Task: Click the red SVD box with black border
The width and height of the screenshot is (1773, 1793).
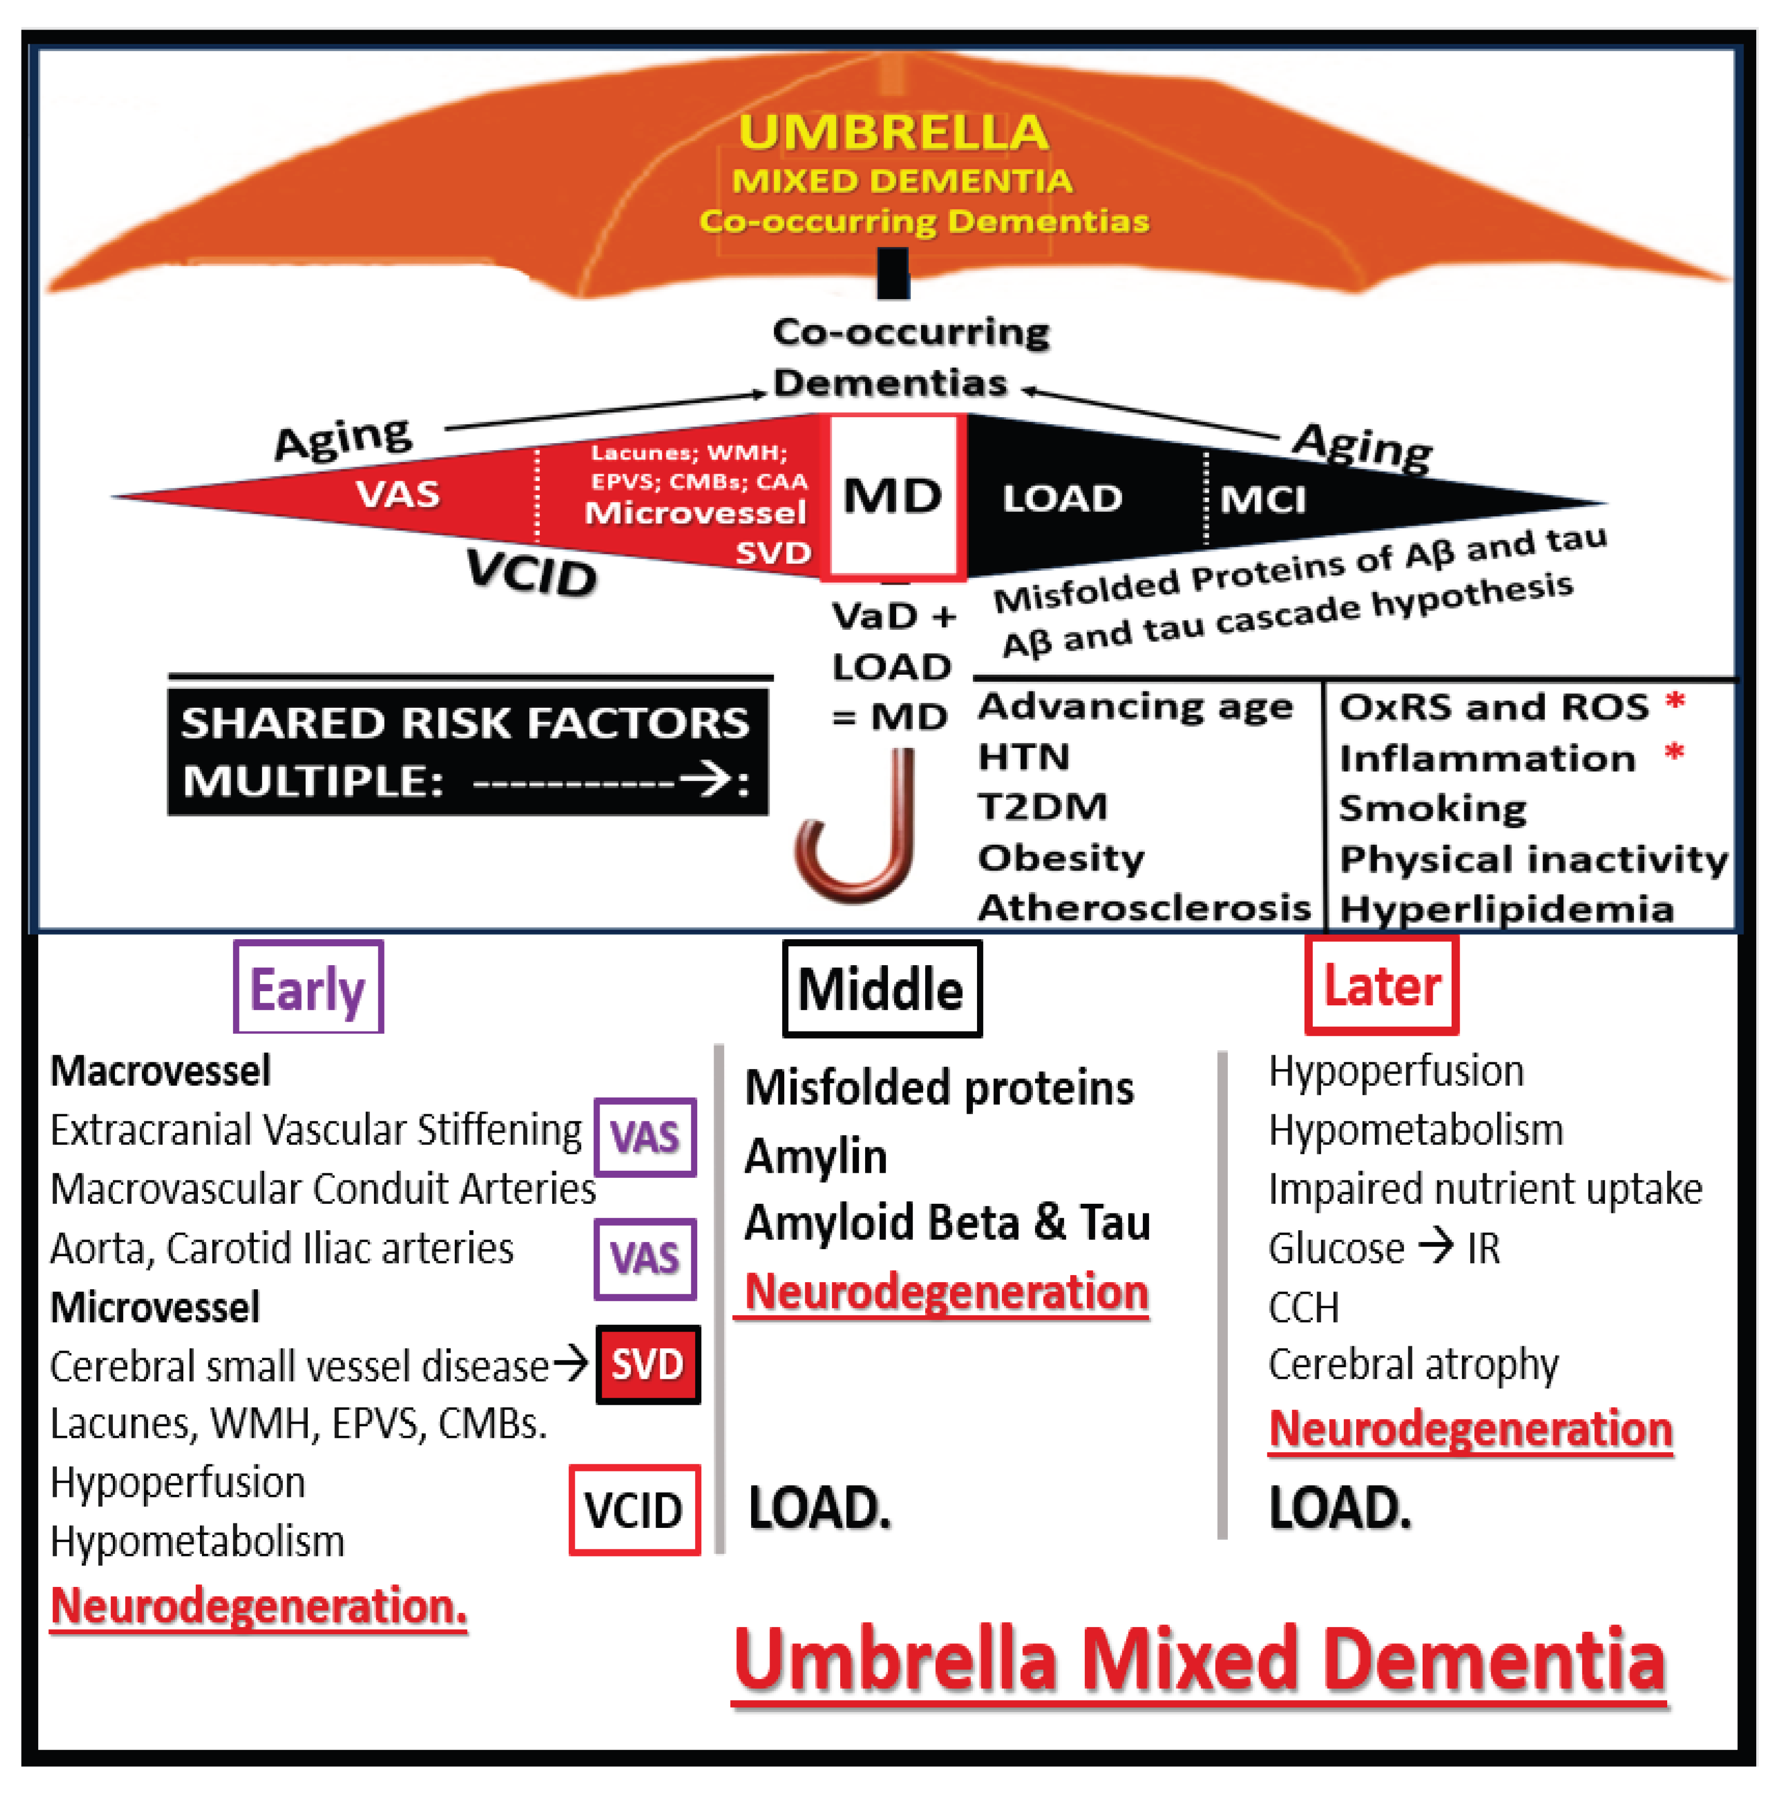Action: (x=647, y=1364)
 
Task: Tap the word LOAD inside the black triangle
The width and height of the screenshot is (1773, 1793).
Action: (x=1062, y=499)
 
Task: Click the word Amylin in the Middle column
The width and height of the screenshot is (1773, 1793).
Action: (x=815, y=1156)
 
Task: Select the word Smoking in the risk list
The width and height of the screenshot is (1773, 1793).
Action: (x=1433, y=808)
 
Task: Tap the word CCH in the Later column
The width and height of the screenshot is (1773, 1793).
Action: (x=1304, y=1308)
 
